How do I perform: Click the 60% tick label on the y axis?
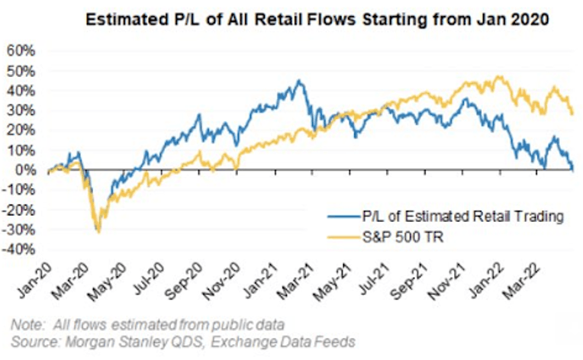pos(21,51)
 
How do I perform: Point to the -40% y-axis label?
pos(18,249)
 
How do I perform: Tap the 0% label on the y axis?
pos(25,170)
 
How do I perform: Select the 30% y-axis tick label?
pos(21,111)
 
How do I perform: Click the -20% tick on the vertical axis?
pos(18,210)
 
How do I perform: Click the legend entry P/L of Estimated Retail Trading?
pos(446,216)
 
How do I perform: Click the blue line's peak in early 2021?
pos(298,80)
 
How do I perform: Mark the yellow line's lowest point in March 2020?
pos(98,233)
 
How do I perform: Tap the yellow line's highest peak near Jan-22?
pos(499,76)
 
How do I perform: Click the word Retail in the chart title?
pos(280,19)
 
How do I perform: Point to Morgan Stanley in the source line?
pos(117,342)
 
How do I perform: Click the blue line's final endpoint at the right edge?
pos(573,169)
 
